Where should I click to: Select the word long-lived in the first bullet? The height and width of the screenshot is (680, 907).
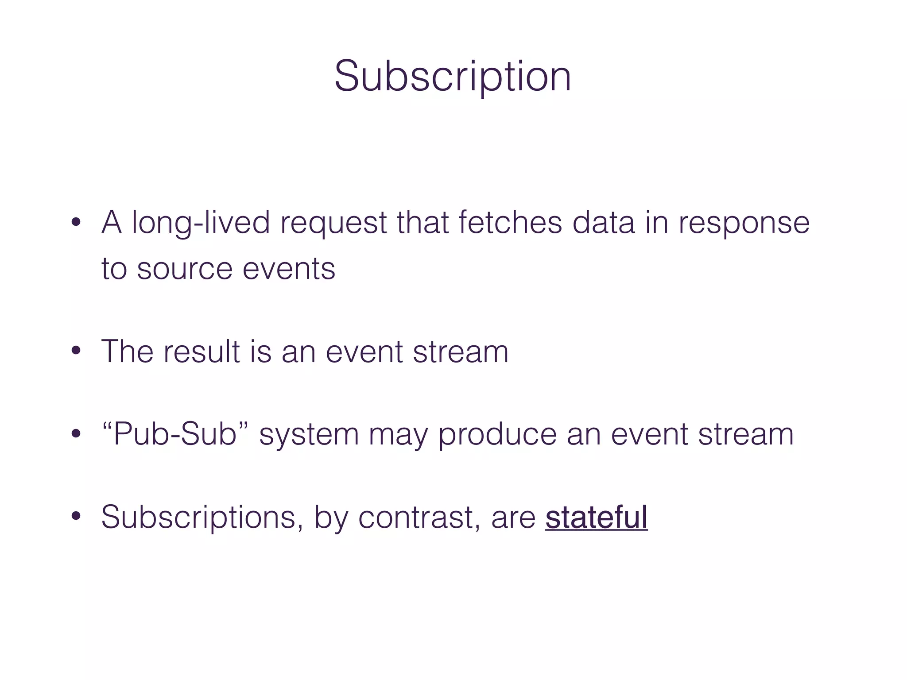[x=201, y=223]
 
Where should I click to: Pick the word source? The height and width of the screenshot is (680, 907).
[x=184, y=269]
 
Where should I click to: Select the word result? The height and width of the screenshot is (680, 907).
[x=202, y=352]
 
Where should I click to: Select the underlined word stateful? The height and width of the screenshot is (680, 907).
[x=596, y=517]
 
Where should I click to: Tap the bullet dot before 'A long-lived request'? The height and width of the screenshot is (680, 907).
[x=76, y=222]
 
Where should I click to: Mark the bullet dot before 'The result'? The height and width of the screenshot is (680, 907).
[x=76, y=352]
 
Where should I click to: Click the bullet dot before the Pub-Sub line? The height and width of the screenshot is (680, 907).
[x=76, y=434]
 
